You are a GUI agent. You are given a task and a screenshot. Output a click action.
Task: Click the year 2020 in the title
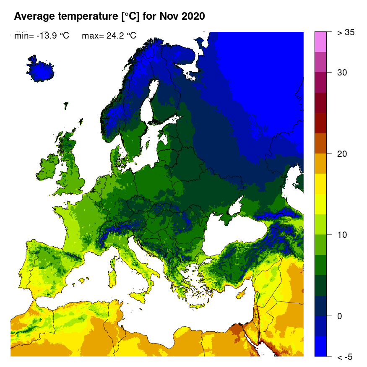[192, 16]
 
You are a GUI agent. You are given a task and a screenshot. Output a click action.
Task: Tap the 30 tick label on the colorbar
[342, 73]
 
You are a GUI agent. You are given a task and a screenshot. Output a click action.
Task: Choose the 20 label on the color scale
[342, 154]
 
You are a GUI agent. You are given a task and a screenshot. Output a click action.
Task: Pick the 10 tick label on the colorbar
[342, 234]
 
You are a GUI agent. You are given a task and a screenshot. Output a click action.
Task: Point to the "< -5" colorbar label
[345, 357]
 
